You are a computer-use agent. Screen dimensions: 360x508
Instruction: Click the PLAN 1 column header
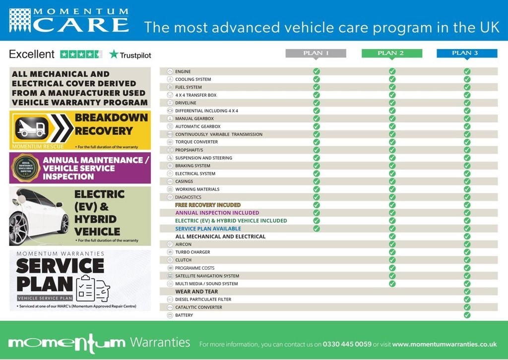[x=317, y=53]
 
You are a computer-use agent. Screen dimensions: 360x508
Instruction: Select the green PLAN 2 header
[x=391, y=53]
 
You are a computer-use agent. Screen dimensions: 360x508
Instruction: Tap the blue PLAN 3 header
[x=467, y=53]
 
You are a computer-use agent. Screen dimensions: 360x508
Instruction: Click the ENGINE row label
[x=183, y=71]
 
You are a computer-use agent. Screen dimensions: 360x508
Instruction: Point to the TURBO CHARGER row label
[x=193, y=252]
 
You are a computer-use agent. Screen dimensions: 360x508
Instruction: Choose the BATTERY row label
[x=184, y=315]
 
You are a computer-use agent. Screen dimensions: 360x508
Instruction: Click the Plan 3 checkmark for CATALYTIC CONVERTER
[x=467, y=307]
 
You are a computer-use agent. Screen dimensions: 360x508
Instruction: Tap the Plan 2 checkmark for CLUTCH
[x=392, y=260]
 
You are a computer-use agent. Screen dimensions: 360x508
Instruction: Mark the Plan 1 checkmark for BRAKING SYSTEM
[x=317, y=166]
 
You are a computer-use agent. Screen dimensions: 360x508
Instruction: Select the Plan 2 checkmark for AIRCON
[x=392, y=244]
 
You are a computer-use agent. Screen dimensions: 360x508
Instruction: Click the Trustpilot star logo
[x=114, y=54]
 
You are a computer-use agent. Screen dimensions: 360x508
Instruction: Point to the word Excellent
[x=32, y=54]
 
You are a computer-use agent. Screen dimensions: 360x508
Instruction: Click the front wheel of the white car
[x=19, y=228]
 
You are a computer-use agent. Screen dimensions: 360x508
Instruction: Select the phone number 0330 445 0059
[x=347, y=344]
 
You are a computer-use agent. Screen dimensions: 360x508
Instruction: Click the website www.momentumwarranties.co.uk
[x=444, y=344]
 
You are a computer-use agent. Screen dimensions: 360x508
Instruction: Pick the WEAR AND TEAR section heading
[x=196, y=292]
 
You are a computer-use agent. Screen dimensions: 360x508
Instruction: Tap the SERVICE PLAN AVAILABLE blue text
[x=208, y=229]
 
